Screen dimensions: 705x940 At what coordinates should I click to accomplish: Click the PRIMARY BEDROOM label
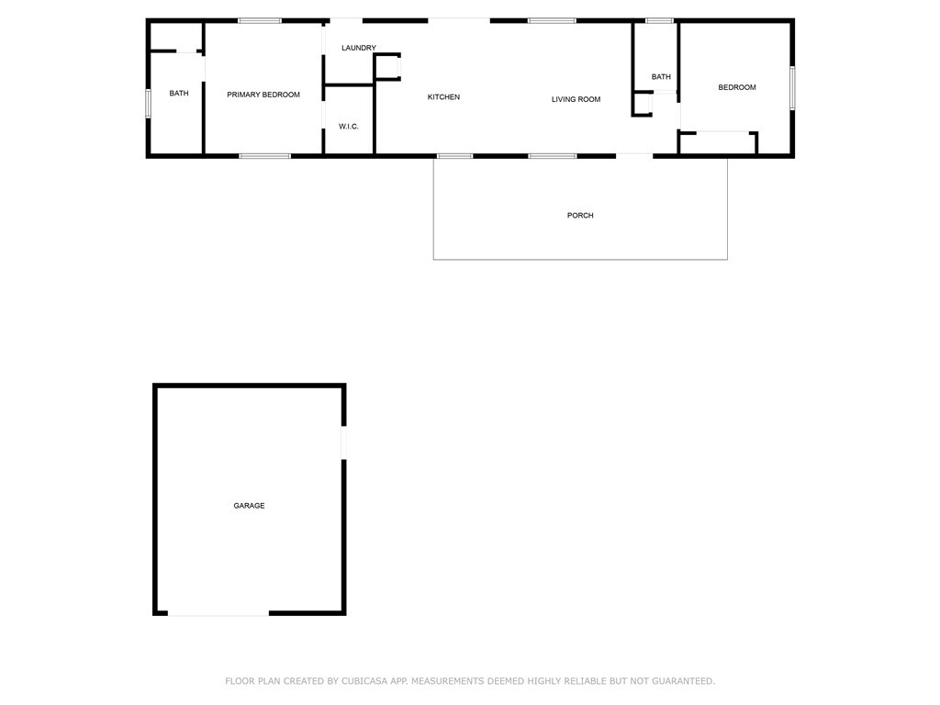[x=263, y=95]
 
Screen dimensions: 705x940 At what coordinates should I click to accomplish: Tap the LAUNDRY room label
[x=359, y=48]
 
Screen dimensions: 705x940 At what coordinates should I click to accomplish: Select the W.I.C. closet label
[x=349, y=126]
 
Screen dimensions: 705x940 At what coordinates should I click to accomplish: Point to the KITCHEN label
[x=443, y=97]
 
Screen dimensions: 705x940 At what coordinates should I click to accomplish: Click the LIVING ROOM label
[x=576, y=99]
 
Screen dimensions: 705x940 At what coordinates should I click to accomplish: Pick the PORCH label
[x=580, y=216]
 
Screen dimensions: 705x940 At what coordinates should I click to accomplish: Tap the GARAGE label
[x=249, y=506]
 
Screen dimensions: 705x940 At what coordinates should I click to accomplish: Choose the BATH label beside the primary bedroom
[x=179, y=93]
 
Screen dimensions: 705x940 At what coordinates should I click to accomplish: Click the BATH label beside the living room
[x=661, y=77]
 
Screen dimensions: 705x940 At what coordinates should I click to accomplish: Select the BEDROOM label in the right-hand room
[x=737, y=87]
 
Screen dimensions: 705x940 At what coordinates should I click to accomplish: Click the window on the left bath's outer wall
[x=148, y=103]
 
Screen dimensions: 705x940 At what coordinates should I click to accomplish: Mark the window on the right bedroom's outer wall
[x=792, y=88]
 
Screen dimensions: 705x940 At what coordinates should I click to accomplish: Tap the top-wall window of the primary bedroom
[x=260, y=20]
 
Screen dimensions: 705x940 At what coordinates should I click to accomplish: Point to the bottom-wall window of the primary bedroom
[x=265, y=156]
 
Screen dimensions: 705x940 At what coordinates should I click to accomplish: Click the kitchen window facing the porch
[x=454, y=156]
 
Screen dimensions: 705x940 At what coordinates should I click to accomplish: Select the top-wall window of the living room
[x=552, y=20]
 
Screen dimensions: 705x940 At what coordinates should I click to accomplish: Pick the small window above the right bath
[x=659, y=20]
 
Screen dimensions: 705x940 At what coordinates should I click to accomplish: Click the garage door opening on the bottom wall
[x=218, y=613]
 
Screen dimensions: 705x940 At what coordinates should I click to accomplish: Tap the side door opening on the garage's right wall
[x=343, y=442]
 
